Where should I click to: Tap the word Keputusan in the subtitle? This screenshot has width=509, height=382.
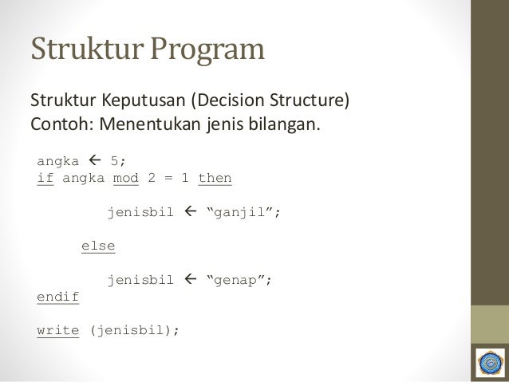[140, 103]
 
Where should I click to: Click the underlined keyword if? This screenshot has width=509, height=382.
[45, 178]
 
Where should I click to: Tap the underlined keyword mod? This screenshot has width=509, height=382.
[126, 178]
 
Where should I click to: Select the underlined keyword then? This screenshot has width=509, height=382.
[215, 178]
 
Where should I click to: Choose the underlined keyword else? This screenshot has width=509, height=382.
[98, 246]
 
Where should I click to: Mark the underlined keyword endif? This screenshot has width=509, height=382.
[57, 297]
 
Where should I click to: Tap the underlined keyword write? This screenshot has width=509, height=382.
[57, 331]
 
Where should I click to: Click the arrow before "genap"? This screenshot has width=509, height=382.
[190, 281]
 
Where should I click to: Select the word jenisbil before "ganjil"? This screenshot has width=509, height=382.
[140, 212]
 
